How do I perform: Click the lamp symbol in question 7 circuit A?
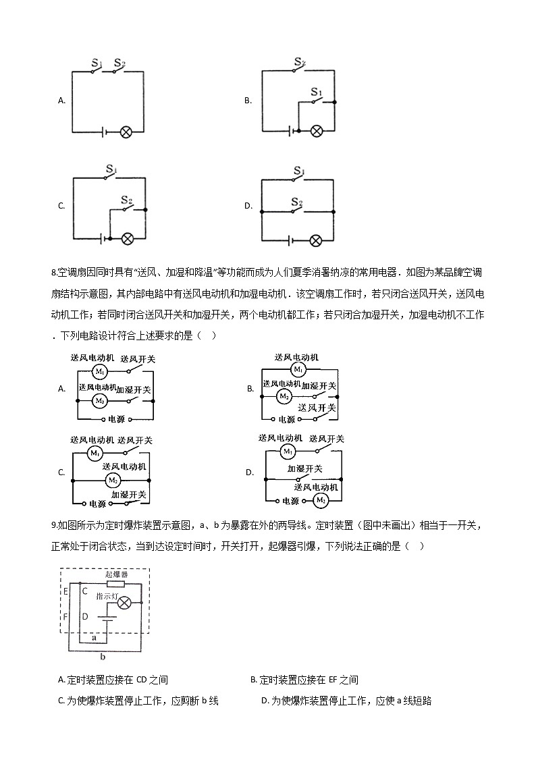pyautogui.click(x=126, y=132)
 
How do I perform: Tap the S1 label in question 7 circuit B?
pyautogui.click(x=316, y=91)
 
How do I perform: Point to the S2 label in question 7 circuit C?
pyautogui.click(x=126, y=200)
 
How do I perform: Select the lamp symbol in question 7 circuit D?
pyautogui.click(x=315, y=240)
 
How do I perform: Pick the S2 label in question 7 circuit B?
pyautogui.click(x=299, y=62)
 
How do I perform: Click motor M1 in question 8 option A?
pyautogui.click(x=99, y=371)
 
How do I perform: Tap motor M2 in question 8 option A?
pyautogui.click(x=99, y=400)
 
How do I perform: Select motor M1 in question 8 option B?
pyautogui.click(x=298, y=369)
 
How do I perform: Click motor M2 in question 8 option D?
pyautogui.click(x=320, y=500)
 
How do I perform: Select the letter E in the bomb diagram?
pyautogui.click(x=65, y=592)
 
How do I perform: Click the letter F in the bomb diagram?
pyautogui.click(x=65, y=617)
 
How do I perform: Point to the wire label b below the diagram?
pyautogui.click(x=102, y=655)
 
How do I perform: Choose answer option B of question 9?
pyautogui.click(x=304, y=680)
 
